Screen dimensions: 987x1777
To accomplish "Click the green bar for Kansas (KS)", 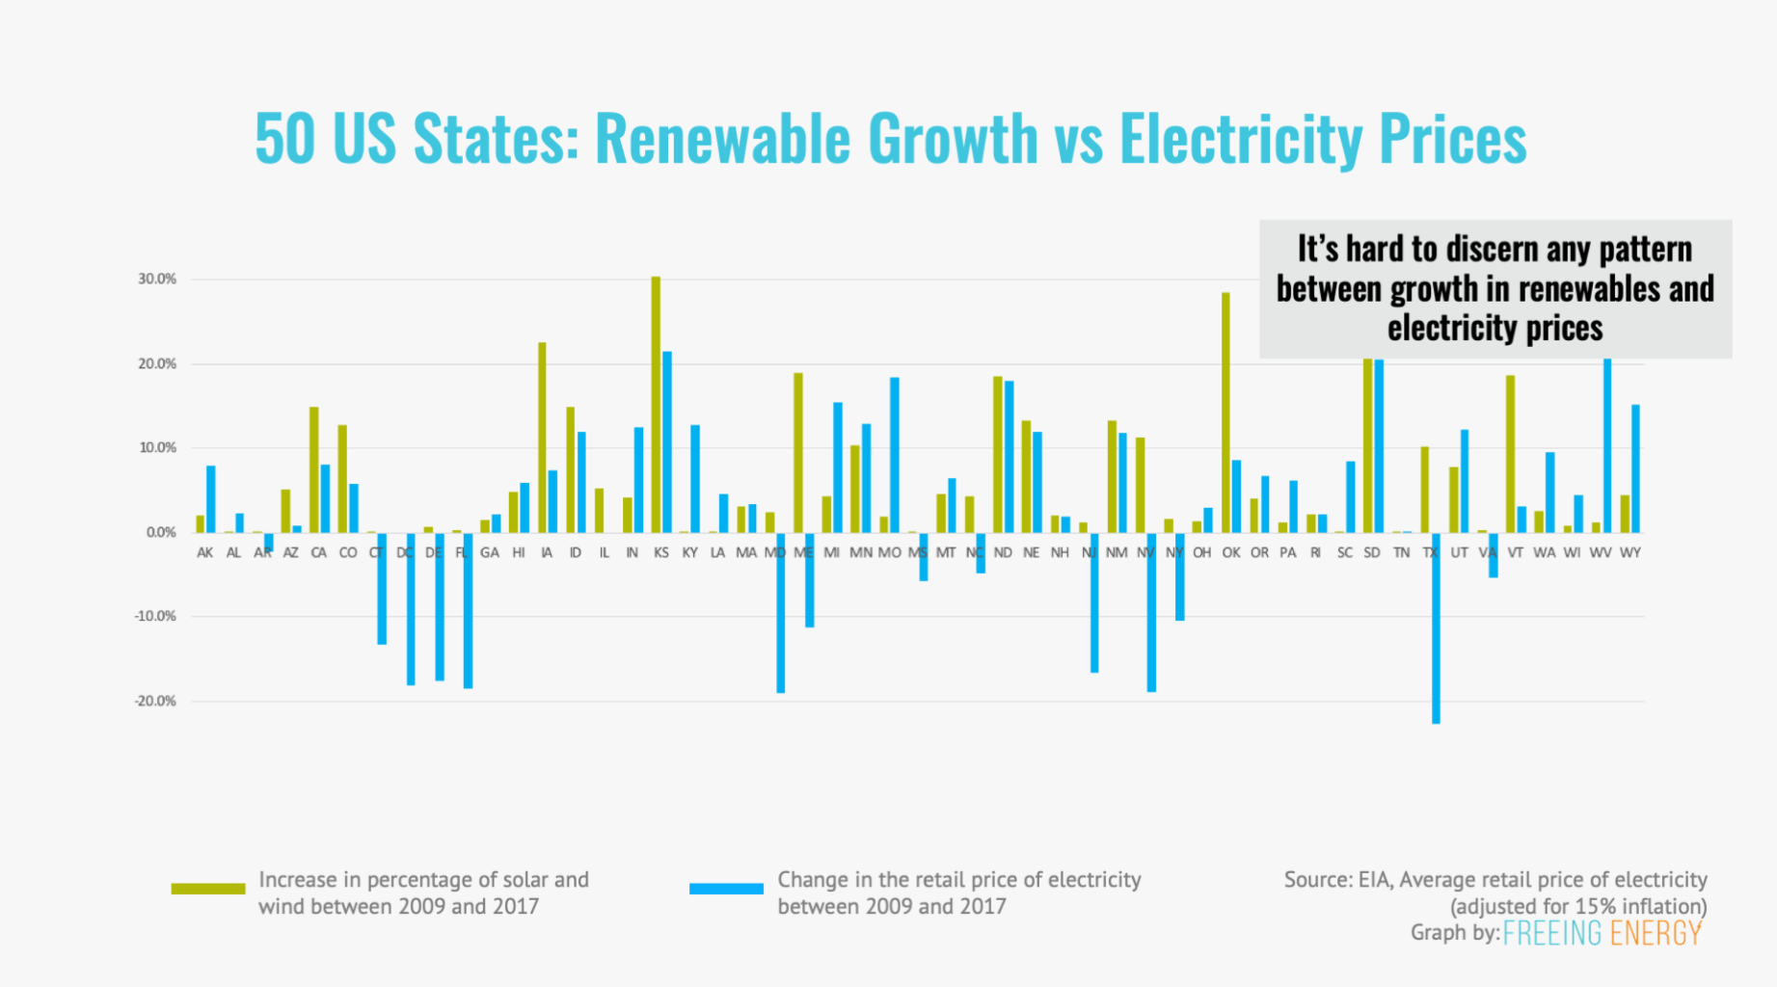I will [656, 405].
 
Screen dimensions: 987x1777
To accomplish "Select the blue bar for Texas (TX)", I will [1436, 627].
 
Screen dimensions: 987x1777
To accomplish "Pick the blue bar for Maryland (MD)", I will [780, 612].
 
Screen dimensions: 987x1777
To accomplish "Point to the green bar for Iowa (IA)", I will [542, 438].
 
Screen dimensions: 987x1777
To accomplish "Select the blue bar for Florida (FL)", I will [468, 610].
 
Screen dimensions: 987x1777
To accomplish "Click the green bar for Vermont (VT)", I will [1510, 454].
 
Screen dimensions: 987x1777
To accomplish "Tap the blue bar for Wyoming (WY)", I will [1635, 468].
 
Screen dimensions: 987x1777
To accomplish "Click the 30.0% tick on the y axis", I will [157, 280].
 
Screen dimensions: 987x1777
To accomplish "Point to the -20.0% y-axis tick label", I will [155, 702].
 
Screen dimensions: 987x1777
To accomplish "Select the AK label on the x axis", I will [204, 553].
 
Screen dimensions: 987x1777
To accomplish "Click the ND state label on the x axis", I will [1003, 553].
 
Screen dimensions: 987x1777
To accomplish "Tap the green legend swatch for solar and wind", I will [207, 889].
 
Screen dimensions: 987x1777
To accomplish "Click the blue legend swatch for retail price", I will [726, 889].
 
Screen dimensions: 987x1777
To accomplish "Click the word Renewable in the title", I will [722, 139].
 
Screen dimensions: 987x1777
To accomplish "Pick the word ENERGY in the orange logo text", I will [1656, 933].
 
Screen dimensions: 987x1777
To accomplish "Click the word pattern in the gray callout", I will [1645, 250].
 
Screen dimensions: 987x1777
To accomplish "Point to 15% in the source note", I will [1592, 907].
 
